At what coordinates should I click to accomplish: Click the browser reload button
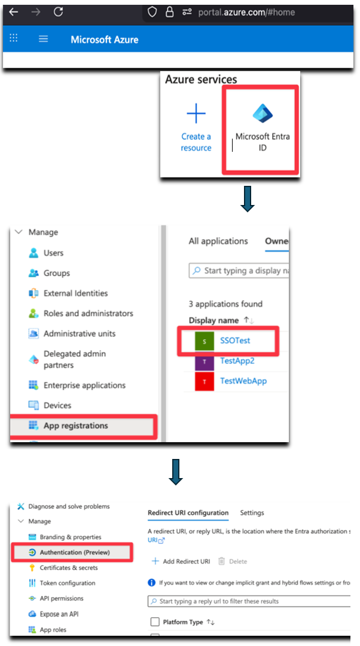[58, 12]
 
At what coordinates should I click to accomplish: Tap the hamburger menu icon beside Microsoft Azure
[43, 39]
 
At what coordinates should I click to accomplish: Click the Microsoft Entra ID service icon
[263, 114]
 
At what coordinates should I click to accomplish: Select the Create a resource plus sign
[196, 114]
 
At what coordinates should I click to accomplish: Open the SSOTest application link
[235, 341]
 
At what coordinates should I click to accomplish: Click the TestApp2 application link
[237, 361]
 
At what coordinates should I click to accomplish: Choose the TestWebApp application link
[243, 381]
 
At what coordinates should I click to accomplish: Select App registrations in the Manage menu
[76, 425]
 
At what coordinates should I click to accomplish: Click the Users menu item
[54, 253]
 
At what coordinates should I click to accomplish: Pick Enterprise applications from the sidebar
[84, 385]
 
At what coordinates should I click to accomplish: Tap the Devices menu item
[57, 405]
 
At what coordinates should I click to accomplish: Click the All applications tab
[218, 241]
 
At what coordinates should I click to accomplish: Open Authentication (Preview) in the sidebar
[75, 553]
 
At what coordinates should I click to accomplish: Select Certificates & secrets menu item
[69, 568]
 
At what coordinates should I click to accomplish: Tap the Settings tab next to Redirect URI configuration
[252, 513]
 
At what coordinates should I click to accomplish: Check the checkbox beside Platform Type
[155, 621]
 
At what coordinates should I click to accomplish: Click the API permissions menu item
[62, 599]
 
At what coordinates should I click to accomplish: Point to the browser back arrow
[14, 12]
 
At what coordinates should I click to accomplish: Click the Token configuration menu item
[68, 583]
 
